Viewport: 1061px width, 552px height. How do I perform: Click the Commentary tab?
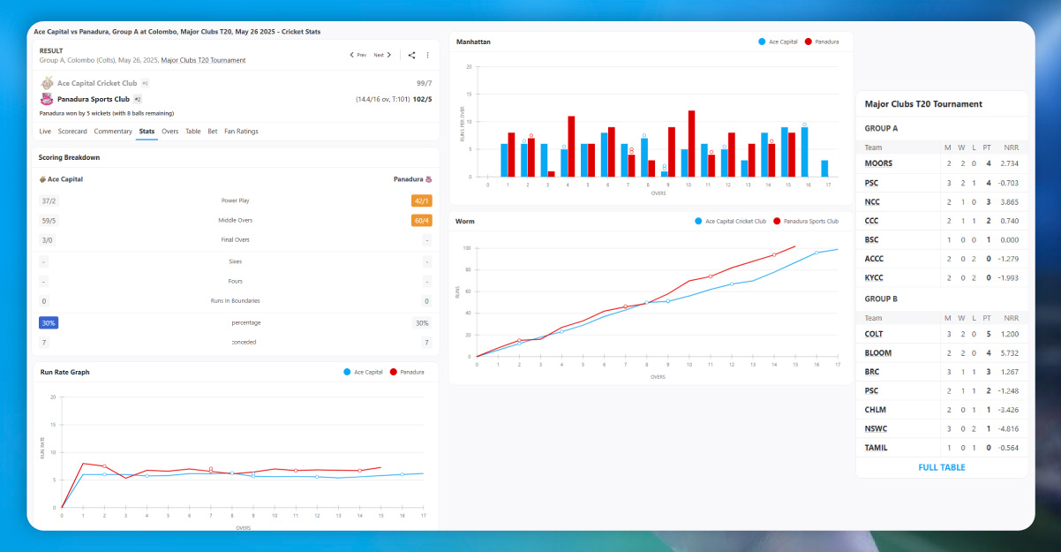[x=113, y=132]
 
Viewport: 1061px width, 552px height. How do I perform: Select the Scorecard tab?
[x=72, y=132]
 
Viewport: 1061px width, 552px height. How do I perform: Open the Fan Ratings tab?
[x=241, y=132]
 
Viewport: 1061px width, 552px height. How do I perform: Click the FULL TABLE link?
[x=941, y=467]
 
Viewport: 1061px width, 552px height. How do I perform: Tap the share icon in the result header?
[x=411, y=55]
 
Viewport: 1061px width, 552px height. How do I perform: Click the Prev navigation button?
[x=357, y=55]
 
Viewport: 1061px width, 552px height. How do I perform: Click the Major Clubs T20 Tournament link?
[x=203, y=61]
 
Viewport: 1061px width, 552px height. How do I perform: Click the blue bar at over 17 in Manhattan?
[x=824, y=168]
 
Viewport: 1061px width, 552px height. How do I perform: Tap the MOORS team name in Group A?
[x=878, y=163]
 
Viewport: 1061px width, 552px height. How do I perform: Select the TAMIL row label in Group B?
[x=876, y=448]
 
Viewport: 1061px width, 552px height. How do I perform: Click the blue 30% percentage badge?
[x=48, y=323]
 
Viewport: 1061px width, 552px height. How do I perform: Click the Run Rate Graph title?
[x=64, y=373]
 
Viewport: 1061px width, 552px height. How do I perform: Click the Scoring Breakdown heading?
[x=69, y=157]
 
